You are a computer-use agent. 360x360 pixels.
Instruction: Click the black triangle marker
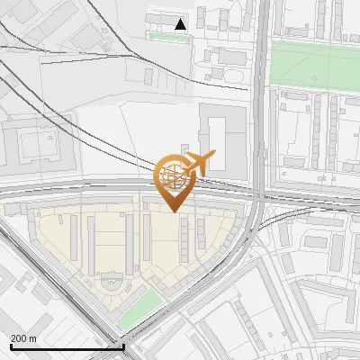(x=181, y=24)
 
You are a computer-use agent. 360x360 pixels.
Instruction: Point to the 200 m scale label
(x=24, y=338)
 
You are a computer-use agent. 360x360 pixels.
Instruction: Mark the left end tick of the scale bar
(x=11, y=346)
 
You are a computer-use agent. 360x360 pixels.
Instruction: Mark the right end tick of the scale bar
(x=123, y=346)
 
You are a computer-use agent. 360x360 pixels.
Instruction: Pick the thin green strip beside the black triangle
(x=171, y=37)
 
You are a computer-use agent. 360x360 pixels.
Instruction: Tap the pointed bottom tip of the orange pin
(x=175, y=211)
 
